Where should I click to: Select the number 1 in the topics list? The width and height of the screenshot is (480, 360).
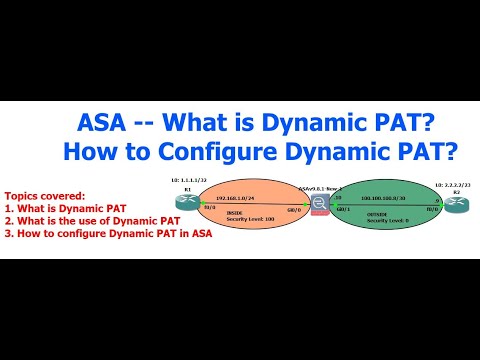tap(8, 208)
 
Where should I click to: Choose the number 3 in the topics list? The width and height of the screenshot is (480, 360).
tap(8, 233)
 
